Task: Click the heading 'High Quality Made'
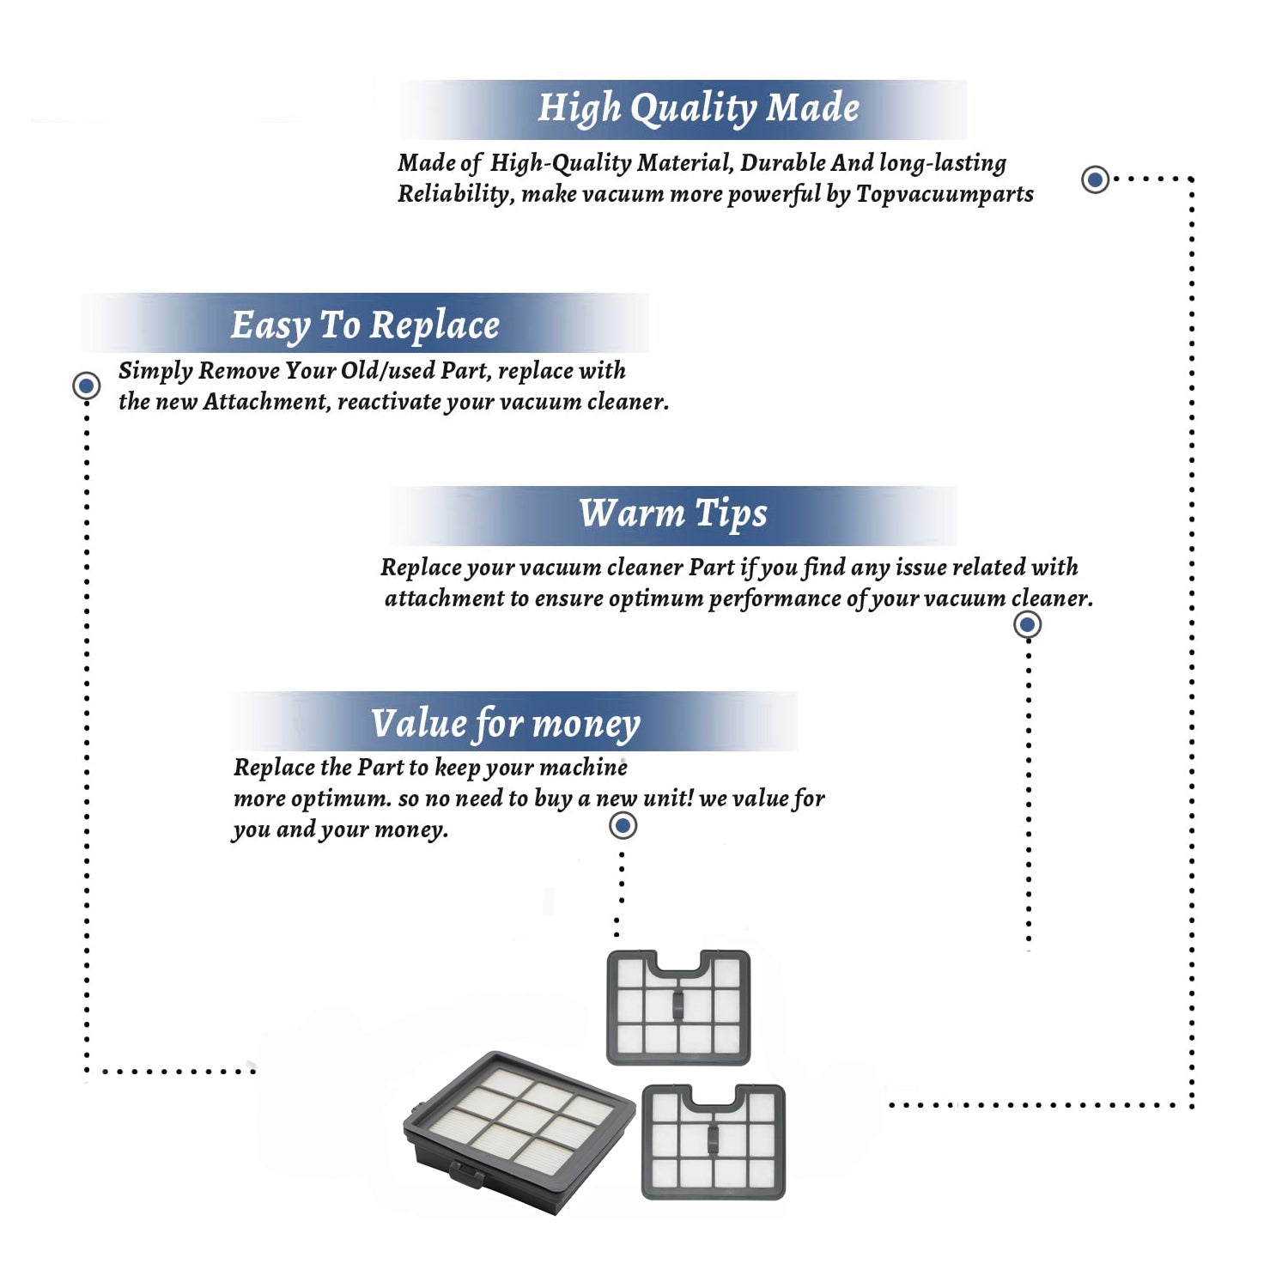pyautogui.click(x=698, y=109)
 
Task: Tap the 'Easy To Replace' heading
pyautogui.click(x=365, y=325)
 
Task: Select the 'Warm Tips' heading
pyautogui.click(x=673, y=513)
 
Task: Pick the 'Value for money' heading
pyautogui.click(x=506, y=724)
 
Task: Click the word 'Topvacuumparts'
pyautogui.click(x=945, y=195)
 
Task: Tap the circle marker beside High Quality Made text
pyautogui.click(x=1095, y=179)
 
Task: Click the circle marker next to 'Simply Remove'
pyautogui.click(x=86, y=386)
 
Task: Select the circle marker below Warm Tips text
pyautogui.click(x=1028, y=624)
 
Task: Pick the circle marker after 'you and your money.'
pyautogui.click(x=623, y=826)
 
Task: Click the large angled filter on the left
pyautogui.click(x=519, y=1132)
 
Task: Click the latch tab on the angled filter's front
pyautogui.click(x=466, y=1174)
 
